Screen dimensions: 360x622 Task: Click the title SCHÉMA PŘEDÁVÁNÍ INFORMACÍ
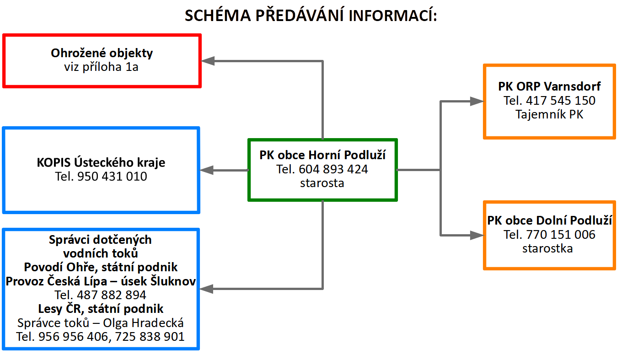311,16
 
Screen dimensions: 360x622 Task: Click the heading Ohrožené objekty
102,53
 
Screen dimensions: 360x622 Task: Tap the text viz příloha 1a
102,67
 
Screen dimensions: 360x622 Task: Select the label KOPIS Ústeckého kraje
101,162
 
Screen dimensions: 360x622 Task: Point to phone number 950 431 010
112,176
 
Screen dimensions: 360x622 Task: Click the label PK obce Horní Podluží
322,155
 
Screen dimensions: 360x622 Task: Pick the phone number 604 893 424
333,169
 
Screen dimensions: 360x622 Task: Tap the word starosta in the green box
322,183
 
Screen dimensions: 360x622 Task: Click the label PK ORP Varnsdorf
549,86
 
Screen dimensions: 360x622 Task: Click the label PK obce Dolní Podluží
549,220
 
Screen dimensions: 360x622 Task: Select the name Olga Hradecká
144,323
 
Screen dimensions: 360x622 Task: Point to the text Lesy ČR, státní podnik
101,309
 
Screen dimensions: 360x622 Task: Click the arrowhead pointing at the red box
208,61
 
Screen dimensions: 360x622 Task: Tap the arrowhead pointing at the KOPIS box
207,170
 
